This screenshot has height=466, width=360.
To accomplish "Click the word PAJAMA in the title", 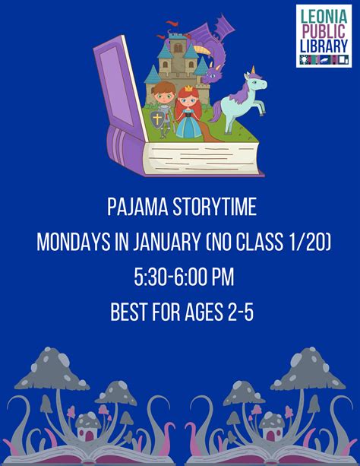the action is click(137, 207).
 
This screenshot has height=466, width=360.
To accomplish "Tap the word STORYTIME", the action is click(214, 207).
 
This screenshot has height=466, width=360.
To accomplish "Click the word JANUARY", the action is click(166, 242).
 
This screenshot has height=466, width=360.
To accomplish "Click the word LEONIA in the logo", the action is click(324, 16).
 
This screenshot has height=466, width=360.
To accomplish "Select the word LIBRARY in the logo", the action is click(324, 46).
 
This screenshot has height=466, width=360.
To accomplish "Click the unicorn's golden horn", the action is click(253, 70).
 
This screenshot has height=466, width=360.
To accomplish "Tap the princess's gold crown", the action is click(189, 88).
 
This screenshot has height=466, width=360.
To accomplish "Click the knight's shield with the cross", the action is click(157, 119).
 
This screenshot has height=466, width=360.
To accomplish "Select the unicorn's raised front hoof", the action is click(262, 113).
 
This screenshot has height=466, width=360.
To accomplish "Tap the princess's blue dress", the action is click(189, 125).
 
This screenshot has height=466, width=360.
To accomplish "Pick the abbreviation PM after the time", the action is click(223, 277).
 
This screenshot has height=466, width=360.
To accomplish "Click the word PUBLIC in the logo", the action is click(324, 31).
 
